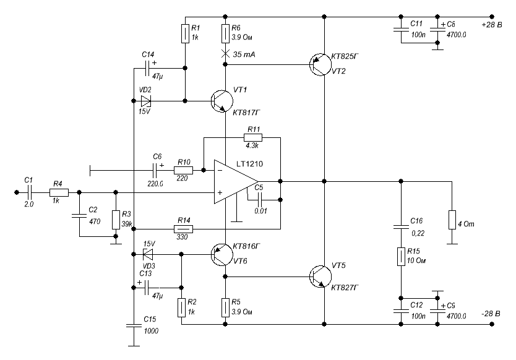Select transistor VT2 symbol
[x=320, y=64]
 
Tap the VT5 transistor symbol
[x=320, y=276]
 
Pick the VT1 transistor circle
[x=221, y=101]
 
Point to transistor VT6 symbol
[x=221, y=254]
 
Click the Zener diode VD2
[x=146, y=101]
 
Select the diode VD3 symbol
[x=148, y=254]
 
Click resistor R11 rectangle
[x=253, y=137]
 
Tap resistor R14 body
[x=184, y=229]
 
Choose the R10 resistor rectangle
[x=183, y=170]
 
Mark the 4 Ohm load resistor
[x=452, y=220]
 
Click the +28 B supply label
[x=492, y=25]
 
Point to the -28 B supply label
[x=491, y=314]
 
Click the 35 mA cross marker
[x=225, y=54]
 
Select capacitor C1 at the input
[x=29, y=192]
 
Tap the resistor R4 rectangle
[x=59, y=192]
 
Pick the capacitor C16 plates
[x=401, y=227]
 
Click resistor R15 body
[x=401, y=257]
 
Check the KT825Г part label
[x=345, y=57]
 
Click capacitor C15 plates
[x=134, y=326]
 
